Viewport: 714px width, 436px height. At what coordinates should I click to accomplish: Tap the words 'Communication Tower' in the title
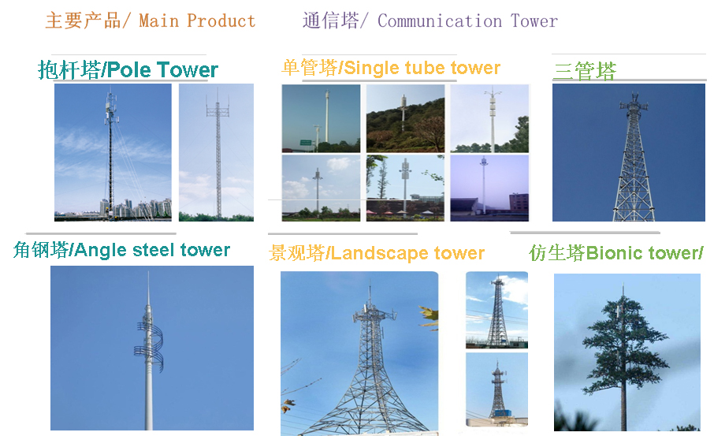pos(467,21)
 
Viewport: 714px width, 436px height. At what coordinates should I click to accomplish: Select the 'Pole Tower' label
pos(162,69)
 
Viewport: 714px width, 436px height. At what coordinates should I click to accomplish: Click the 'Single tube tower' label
pos(422,68)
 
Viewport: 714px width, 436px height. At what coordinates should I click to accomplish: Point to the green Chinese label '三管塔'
pos(585,71)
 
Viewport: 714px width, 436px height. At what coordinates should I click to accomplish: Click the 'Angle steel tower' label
pos(153,250)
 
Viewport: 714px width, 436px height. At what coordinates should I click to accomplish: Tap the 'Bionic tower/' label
pos(645,253)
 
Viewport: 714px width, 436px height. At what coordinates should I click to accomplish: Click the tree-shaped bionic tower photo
pos(627,352)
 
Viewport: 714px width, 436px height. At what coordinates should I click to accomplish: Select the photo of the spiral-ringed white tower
pos(152,348)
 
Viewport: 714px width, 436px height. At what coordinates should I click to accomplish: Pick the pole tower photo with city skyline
pos(113,152)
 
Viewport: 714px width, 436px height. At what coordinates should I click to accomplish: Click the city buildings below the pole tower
pos(136,209)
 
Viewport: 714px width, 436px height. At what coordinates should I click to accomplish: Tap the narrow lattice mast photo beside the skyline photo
pos(216,152)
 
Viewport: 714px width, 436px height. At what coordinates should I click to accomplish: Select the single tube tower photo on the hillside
pos(405,118)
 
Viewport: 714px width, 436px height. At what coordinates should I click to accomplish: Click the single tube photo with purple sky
pos(489,188)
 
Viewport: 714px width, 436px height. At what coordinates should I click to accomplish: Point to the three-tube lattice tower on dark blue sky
pos(629,153)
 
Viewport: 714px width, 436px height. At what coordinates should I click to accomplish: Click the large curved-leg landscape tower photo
pos(359,353)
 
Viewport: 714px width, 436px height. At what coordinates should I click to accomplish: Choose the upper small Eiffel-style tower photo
pos(496,311)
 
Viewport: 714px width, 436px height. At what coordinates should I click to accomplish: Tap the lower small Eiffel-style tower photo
pos(496,389)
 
